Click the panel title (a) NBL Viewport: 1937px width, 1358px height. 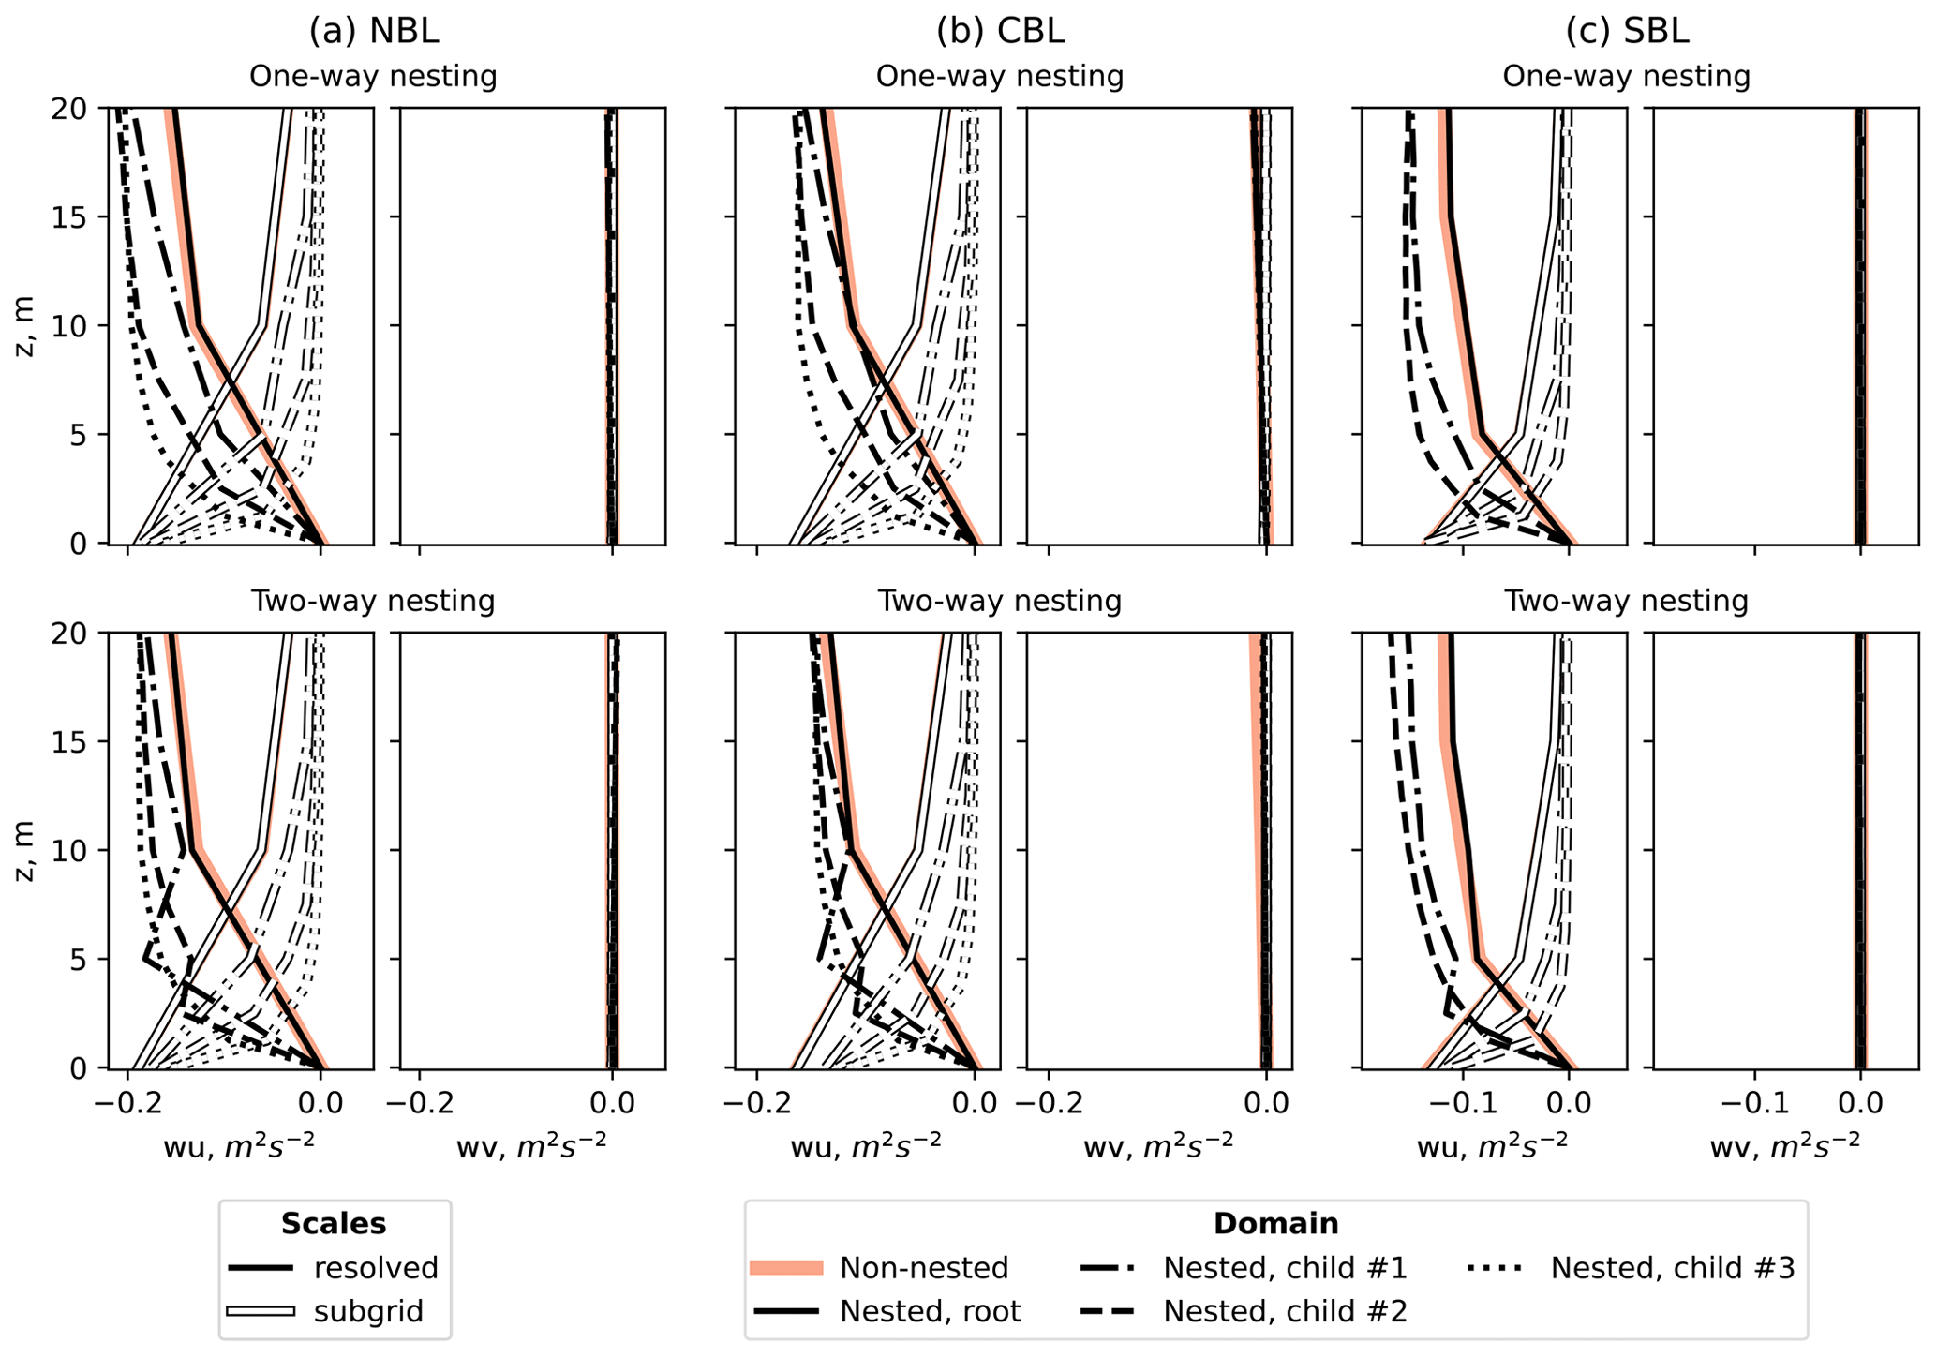click(374, 31)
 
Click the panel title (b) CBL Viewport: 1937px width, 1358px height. click(1000, 31)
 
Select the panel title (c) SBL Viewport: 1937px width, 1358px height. click(1627, 31)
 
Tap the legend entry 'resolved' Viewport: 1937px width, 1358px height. click(376, 1268)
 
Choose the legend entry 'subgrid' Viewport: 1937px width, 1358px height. click(368, 1311)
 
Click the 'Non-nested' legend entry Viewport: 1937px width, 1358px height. click(924, 1268)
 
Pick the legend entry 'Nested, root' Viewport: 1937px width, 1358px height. click(930, 1311)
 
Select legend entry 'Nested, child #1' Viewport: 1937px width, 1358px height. click(1285, 1268)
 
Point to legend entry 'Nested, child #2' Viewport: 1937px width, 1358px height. click(1285, 1311)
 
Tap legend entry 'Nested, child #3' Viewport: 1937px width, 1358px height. click(1672, 1268)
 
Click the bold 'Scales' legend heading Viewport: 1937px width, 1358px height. click(334, 1224)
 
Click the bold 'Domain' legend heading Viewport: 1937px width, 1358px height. click(1275, 1224)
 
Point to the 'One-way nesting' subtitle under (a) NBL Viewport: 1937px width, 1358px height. click(373, 76)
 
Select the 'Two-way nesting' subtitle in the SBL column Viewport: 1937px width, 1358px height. click(1626, 600)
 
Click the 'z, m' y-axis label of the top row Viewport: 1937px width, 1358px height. click(25, 326)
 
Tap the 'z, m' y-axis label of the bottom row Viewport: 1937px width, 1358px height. click(25, 851)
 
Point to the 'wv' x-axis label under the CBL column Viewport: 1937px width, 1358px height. click(1158, 1147)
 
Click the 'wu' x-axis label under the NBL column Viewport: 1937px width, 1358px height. click(239, 1147)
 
